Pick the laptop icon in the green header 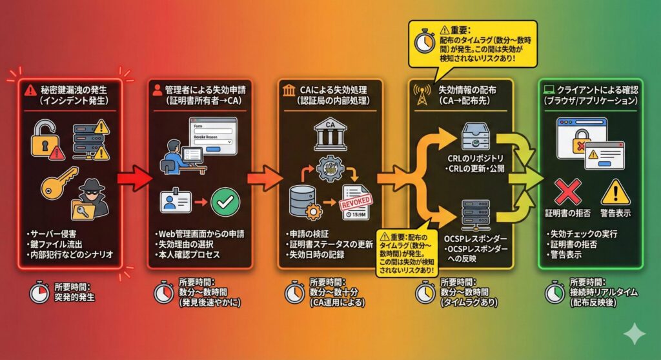point(552,88)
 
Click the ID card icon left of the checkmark point(174,202)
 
